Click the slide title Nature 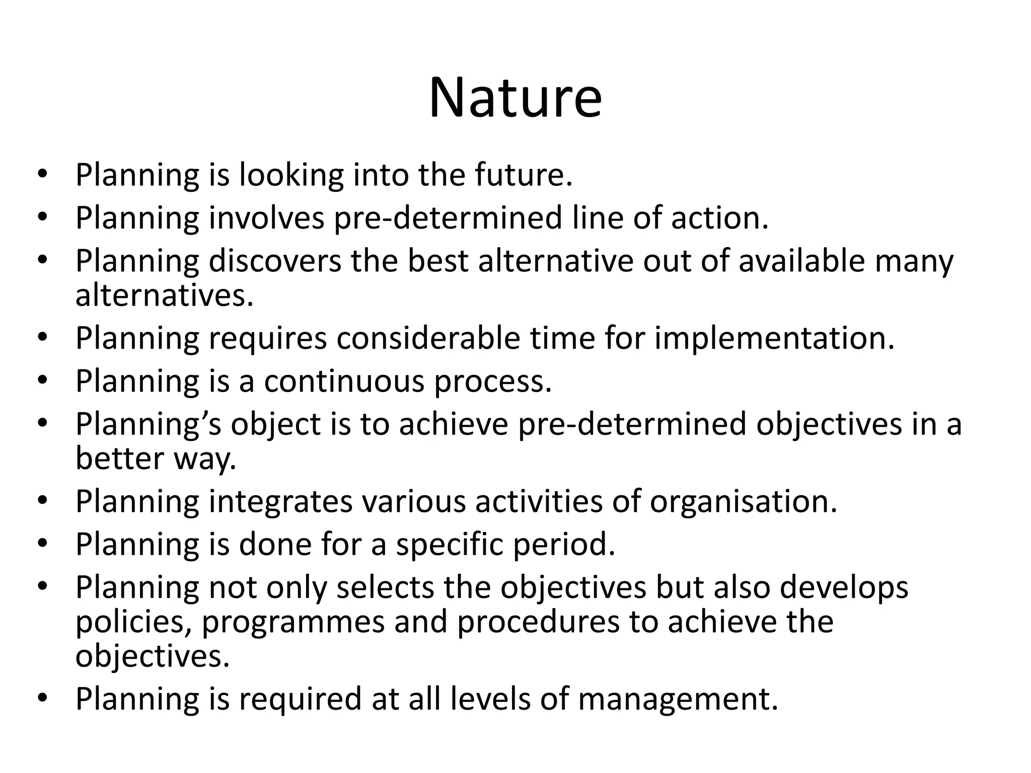[515, 98]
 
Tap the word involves [266, 218]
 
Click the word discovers [274, 261]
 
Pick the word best [438, 261]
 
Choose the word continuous [344, 381]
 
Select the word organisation [743, 502]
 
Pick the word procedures [538, 623]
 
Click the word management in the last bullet [678, 699]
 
